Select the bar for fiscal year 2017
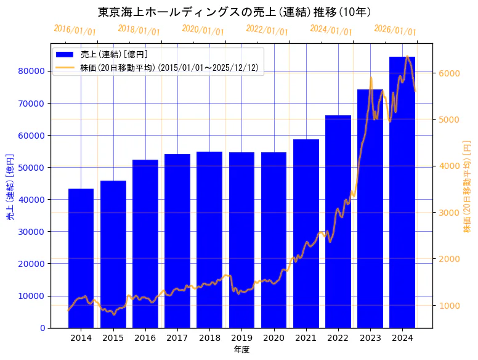pos(177,240)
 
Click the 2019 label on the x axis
pos(241,338)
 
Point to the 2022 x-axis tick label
pos(338,338)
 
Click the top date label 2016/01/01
pos(75,30)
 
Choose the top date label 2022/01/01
pos(267,30)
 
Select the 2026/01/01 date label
pos(395,30)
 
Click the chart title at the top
pos(235,12)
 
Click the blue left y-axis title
pos(10,187)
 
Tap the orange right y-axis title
pos(467,187)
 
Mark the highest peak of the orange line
pos(407,56)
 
